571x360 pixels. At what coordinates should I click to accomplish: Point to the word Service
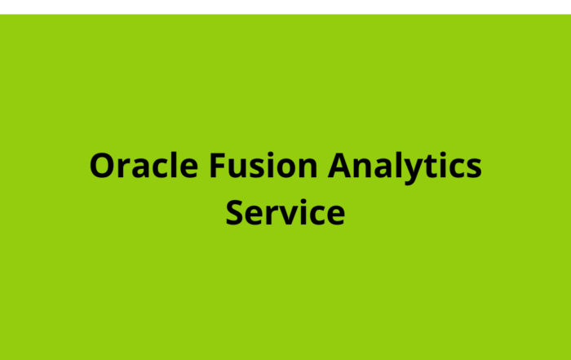pos(285,213)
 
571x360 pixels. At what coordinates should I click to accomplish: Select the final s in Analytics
pos(472,168)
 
